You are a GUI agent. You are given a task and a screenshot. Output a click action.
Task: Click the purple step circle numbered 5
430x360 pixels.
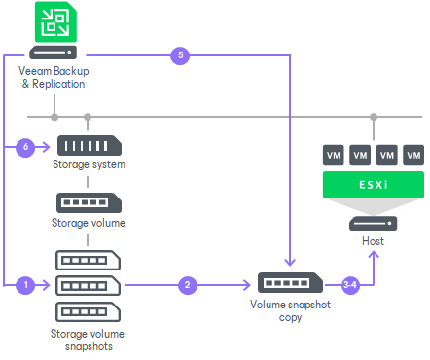click(x=179, y=55)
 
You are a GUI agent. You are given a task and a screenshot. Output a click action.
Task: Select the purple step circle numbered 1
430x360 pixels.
click(x=26, y=285)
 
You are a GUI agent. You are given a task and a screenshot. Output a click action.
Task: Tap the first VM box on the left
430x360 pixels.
click(x=334, y=155)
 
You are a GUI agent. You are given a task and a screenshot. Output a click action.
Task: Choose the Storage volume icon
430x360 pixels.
click(x=88, y=203)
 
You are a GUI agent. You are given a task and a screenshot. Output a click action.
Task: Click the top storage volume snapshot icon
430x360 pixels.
click(x=88, y=261)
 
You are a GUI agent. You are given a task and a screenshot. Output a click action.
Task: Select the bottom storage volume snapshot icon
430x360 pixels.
click(x=88, y=311)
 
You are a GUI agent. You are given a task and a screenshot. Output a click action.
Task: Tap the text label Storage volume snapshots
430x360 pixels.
click(x=88, y=341)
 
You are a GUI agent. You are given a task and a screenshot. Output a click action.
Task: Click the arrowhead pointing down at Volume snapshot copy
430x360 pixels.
click(x=289, y=262)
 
